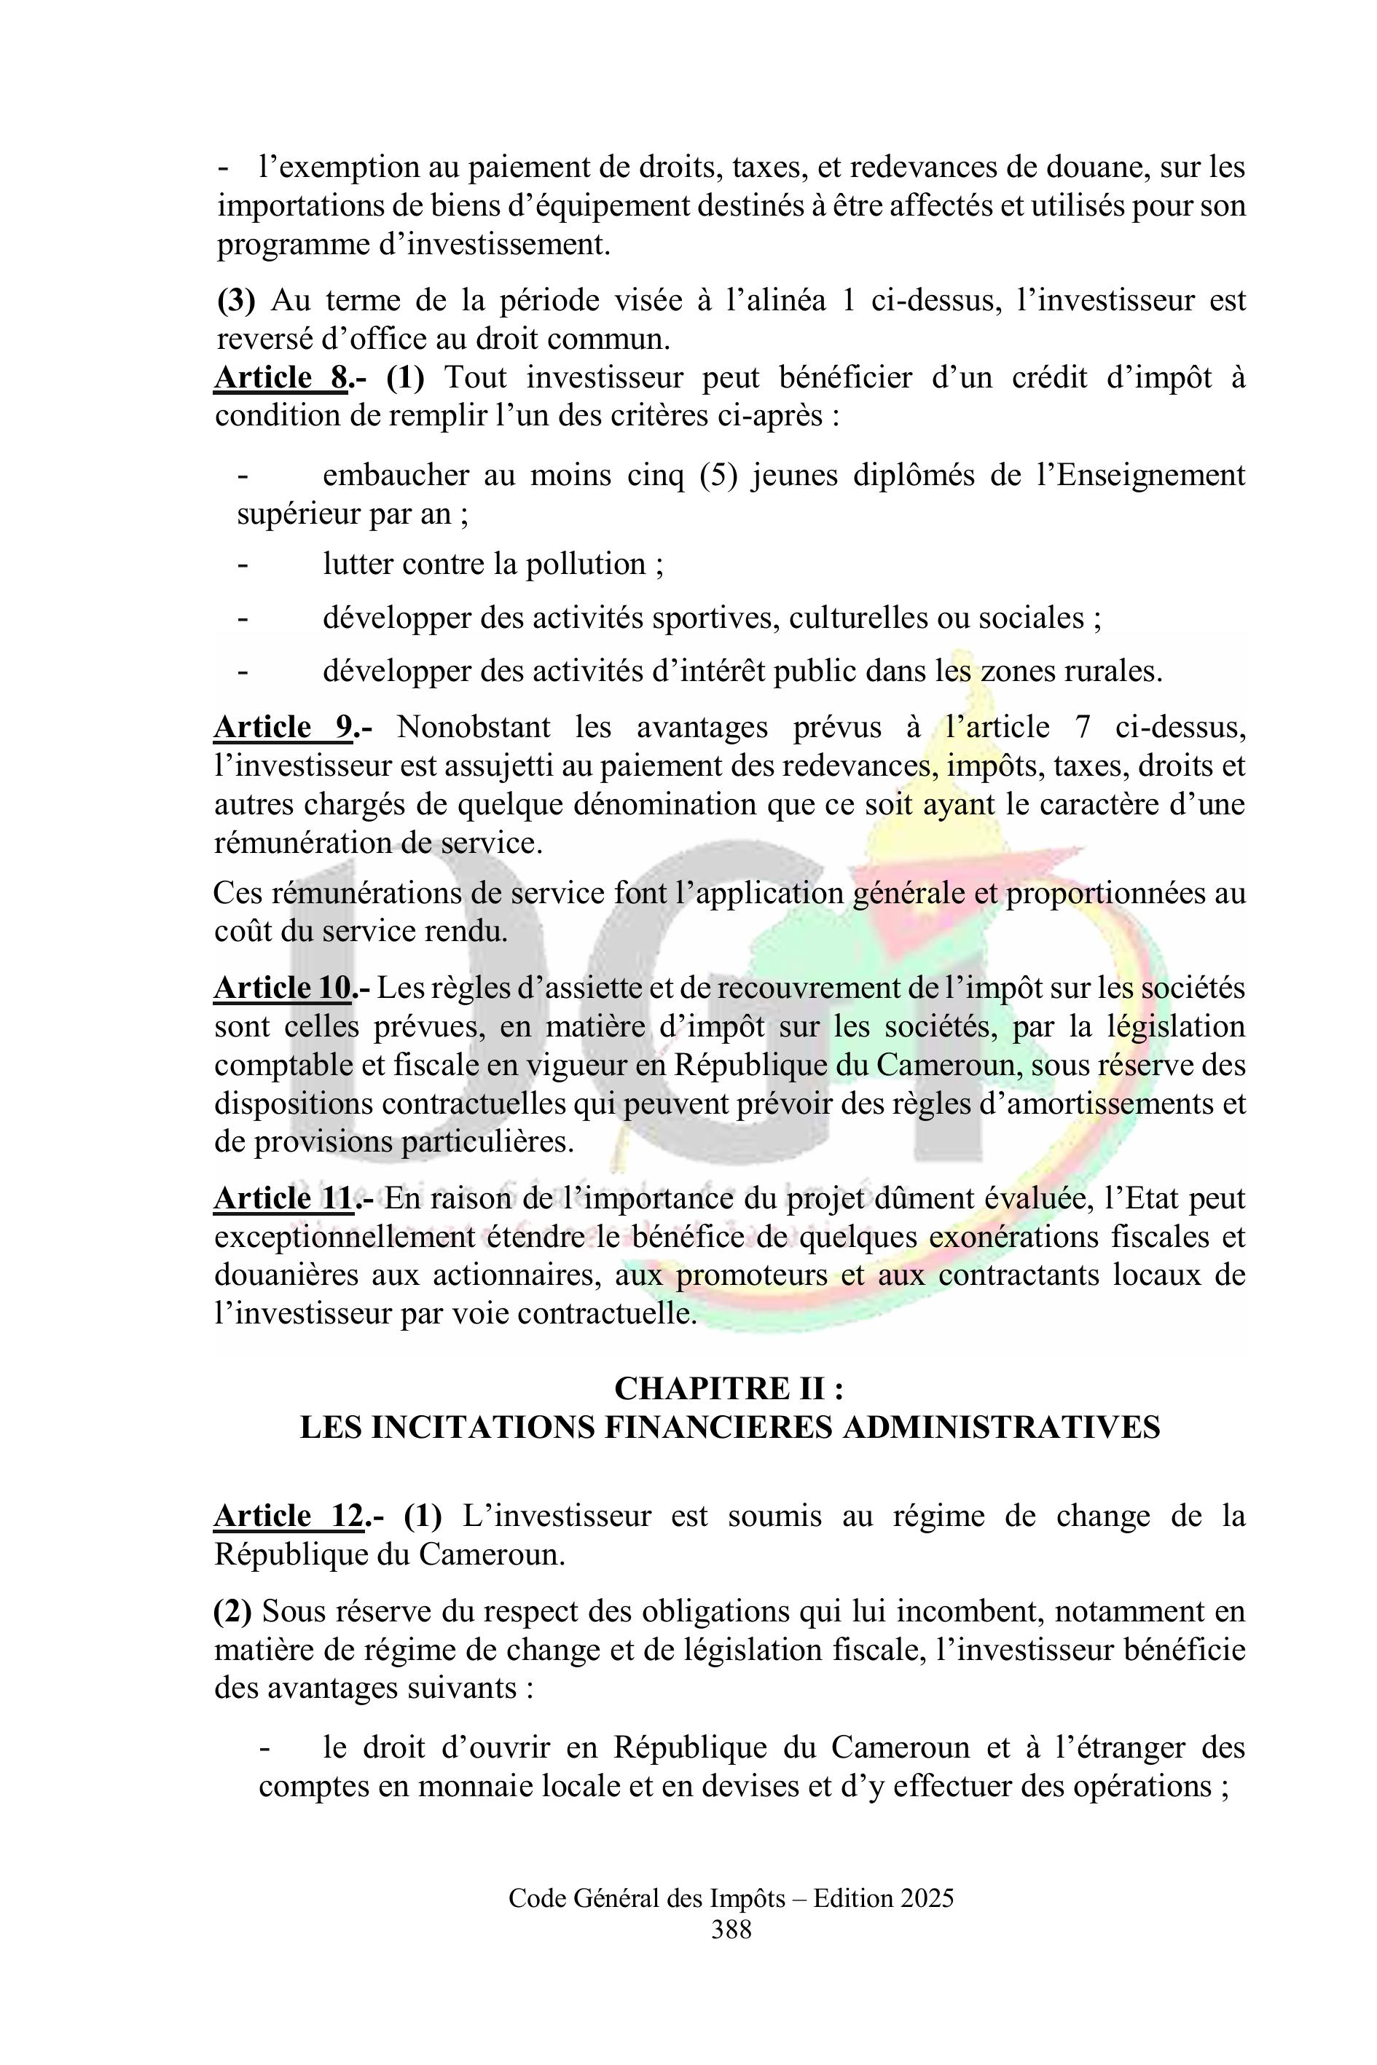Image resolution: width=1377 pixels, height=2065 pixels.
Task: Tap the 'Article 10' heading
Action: pyautogui.click(x=283, y=988)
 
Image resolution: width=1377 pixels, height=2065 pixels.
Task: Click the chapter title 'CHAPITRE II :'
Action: pyautogui.click(x=729, y=1388)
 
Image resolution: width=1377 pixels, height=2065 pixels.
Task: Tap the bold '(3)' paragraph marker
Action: pyautogui.click(x=235, y=300)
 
